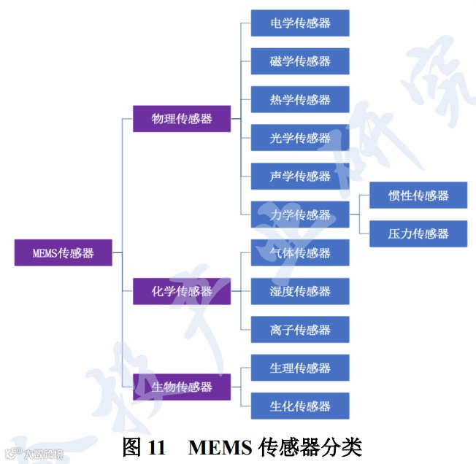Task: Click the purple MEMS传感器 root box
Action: [64, 253]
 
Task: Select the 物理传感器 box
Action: [182, 118]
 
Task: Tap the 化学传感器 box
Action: [182, 291]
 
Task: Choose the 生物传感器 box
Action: [182, 387]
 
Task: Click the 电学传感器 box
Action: [300, 23]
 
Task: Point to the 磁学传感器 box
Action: [300, 61]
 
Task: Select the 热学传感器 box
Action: [300, 99]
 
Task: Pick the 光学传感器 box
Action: [300, 138]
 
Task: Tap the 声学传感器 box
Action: [300, 176]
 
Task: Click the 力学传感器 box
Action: [300, 214]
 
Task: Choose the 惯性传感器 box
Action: [418, 195]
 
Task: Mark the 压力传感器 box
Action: [418, 233]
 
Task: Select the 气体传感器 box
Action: [300, 252]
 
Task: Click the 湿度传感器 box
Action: [300, 291]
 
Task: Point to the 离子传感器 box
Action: [300, 330]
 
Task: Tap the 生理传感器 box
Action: [300, 368]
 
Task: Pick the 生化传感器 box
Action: [300, 406]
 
